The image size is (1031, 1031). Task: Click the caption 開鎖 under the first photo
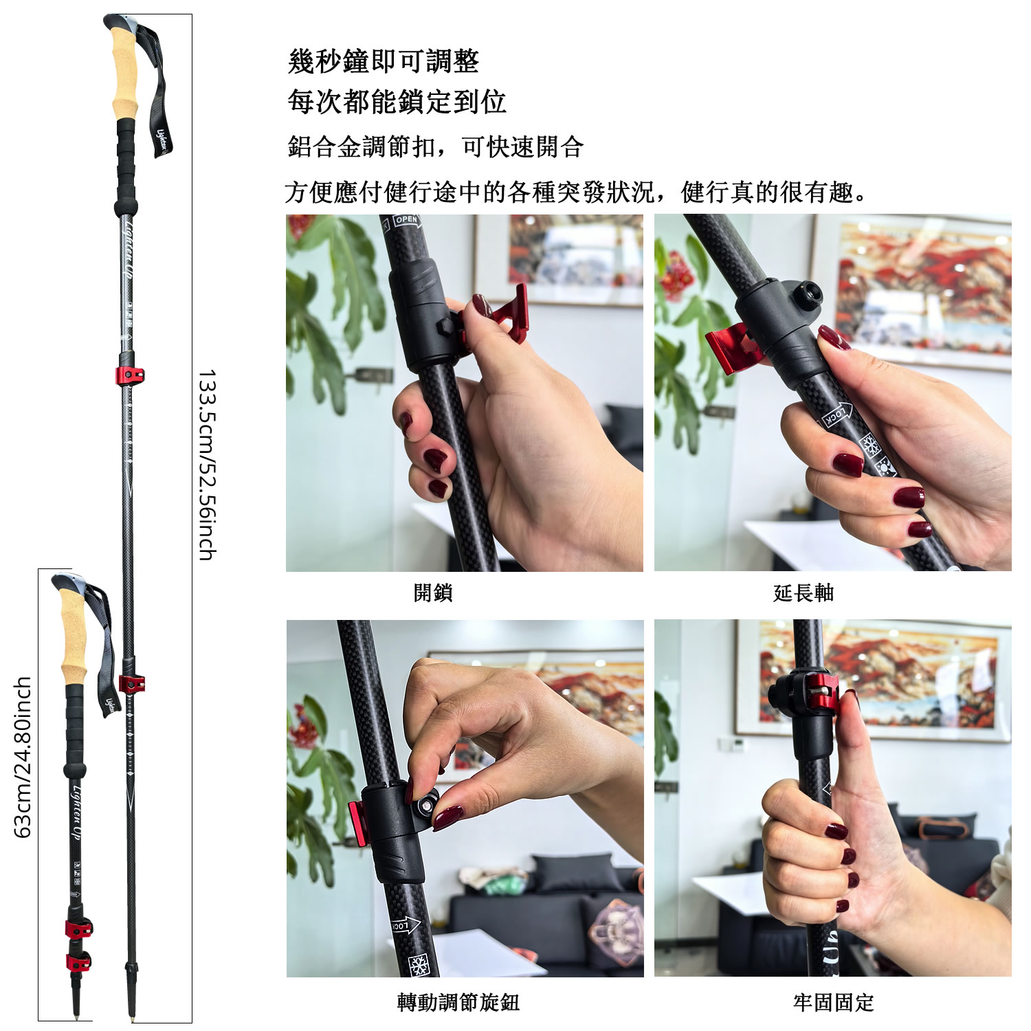pos(433,592)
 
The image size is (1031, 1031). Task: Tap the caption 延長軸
pos(803,592)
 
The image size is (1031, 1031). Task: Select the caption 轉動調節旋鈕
pos(458,1002)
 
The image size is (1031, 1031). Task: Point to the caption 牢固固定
pos(833,1002)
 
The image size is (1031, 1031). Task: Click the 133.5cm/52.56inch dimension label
pos(207,465)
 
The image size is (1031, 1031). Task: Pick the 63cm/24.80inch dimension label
pos(23,757)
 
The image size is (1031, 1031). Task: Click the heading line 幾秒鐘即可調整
pos(384,62)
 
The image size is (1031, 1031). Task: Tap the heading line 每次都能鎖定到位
pos(397,102)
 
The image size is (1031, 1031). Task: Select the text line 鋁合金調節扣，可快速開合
pos(436,147)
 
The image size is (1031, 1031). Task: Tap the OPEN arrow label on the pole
pos(406,221)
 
